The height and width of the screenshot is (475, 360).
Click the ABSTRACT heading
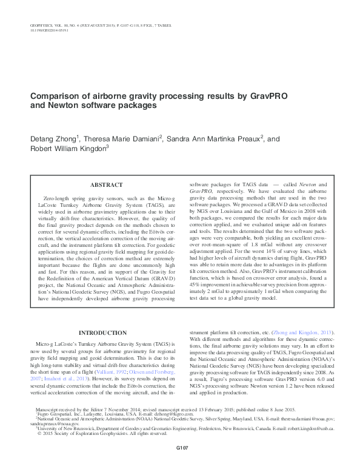click(x=107, y=184)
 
